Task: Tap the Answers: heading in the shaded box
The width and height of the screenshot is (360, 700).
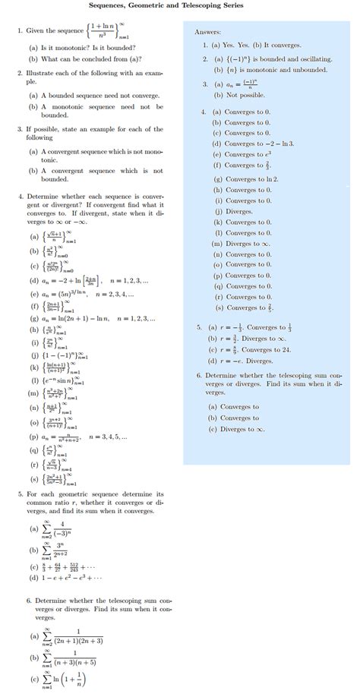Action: pos(207,33)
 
